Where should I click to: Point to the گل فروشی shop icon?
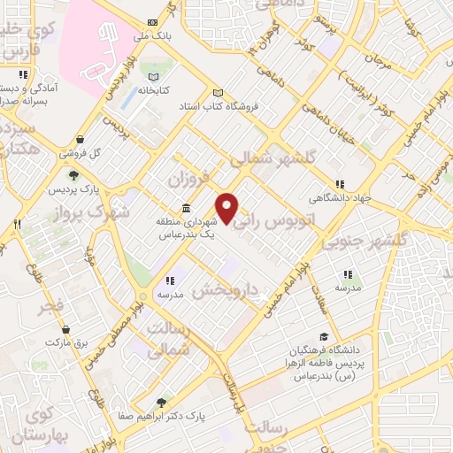pos(81,139)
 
